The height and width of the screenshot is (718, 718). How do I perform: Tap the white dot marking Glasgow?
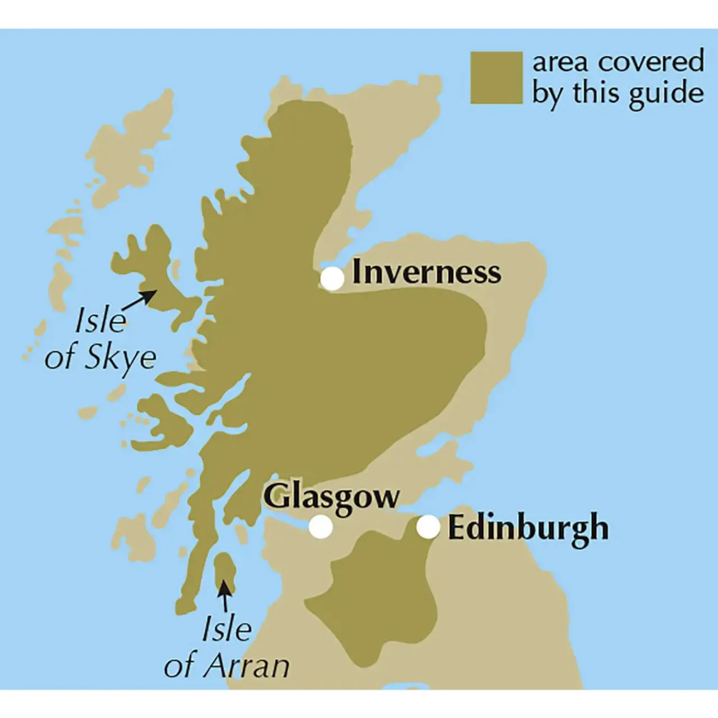[x=321, y=527]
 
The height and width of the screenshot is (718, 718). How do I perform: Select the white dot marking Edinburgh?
[x=428, y=527]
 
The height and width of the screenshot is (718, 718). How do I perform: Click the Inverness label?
[x=426, y=272]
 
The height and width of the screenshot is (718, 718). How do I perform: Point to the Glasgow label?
[x=331, y=496]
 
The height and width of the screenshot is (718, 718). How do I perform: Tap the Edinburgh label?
[x=528, y=528]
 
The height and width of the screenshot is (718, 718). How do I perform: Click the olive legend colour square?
[x=496, y=78]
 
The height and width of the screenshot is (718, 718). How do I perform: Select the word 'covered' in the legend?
[x=651, y=61]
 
